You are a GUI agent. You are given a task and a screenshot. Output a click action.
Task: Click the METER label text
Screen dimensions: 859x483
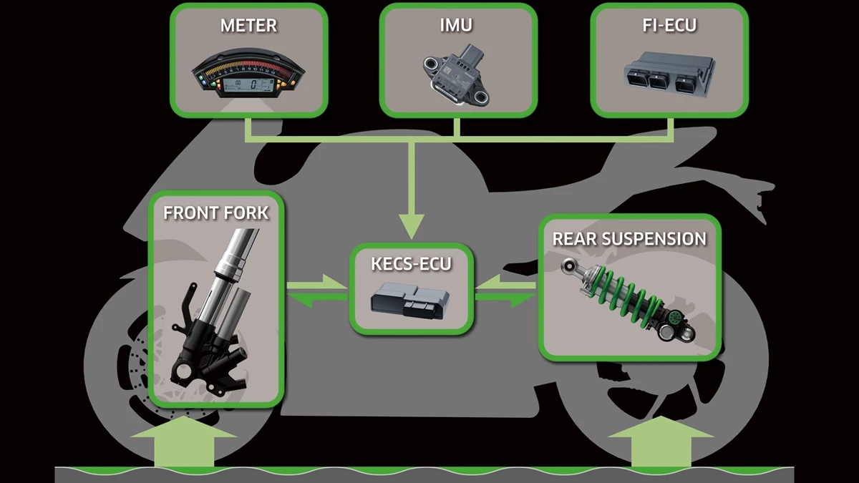[248, 26]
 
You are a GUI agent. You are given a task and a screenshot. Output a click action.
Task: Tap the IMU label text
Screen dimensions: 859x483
[457, 25]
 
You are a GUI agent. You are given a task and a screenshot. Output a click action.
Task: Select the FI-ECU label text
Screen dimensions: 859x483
[669, 25]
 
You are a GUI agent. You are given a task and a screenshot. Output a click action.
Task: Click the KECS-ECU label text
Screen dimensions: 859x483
[411, 264]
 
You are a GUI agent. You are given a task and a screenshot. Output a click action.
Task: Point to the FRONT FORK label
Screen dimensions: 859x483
[216, 213]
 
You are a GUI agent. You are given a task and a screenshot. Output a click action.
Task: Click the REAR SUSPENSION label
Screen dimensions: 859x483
[629, 239]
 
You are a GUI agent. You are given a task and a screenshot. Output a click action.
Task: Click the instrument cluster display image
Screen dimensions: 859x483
[248, 73]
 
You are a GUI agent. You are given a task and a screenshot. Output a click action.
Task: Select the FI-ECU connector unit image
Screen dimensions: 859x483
[669, 74]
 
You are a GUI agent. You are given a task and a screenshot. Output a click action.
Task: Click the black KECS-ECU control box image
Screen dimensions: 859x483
[409, 301]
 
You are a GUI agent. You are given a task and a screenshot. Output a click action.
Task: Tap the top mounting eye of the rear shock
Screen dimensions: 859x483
[570, 265]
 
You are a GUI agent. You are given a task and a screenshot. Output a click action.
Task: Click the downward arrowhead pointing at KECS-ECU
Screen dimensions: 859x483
[412, 227]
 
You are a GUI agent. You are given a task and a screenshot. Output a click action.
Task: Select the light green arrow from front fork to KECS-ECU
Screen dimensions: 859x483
[316, 283]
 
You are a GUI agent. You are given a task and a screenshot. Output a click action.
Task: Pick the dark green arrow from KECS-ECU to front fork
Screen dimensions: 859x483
[318, 299]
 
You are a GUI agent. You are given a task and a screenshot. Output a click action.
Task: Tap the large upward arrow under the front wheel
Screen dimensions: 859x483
[184, 441]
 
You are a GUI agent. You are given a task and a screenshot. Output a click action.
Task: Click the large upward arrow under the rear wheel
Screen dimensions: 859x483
[661, 441]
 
